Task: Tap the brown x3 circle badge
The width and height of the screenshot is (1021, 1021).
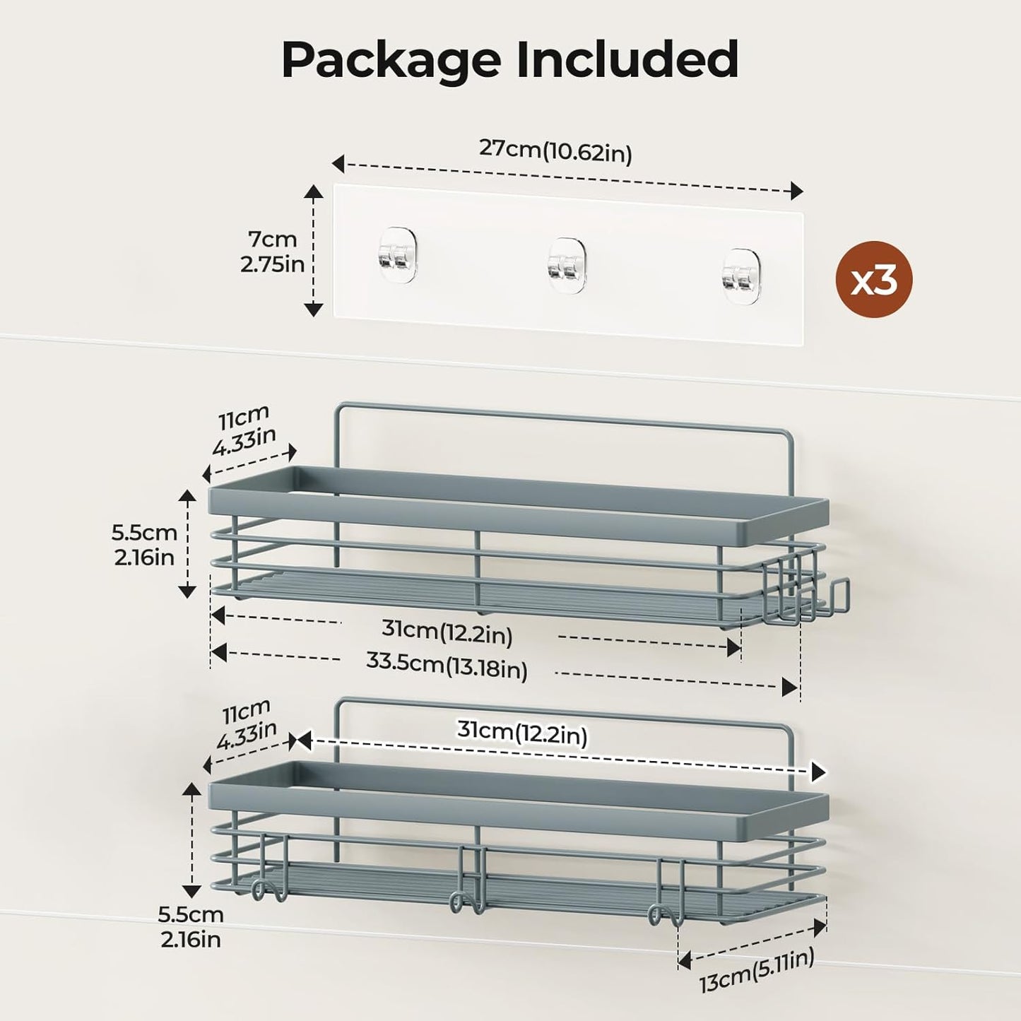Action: coord(874,280)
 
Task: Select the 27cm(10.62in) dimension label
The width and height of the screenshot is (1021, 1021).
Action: coord(555,151)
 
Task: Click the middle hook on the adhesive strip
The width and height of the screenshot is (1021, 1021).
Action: coord(567,262)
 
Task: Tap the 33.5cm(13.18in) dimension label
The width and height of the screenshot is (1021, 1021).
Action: coord(447,665)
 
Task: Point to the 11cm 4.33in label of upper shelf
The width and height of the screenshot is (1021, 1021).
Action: coord(244,430)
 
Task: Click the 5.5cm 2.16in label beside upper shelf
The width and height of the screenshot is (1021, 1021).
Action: coord(144,544)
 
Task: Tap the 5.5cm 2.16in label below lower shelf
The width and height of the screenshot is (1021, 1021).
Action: coord(190,926)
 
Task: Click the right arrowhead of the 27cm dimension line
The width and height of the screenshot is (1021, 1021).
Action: coord(796,190)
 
